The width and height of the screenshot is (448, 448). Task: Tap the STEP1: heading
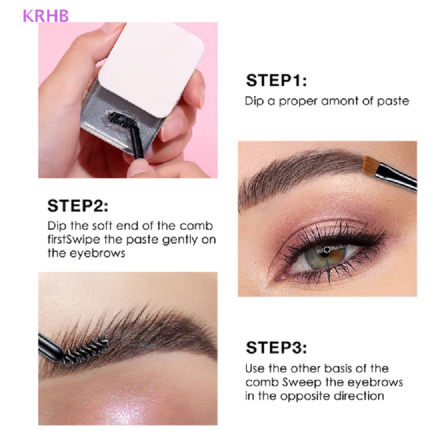276,81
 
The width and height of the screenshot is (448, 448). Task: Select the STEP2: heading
78,205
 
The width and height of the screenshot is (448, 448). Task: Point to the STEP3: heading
276,348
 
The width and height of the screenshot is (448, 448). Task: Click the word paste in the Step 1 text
392,101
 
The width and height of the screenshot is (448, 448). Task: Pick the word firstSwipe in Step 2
71,240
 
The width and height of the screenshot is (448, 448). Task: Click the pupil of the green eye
327,250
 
